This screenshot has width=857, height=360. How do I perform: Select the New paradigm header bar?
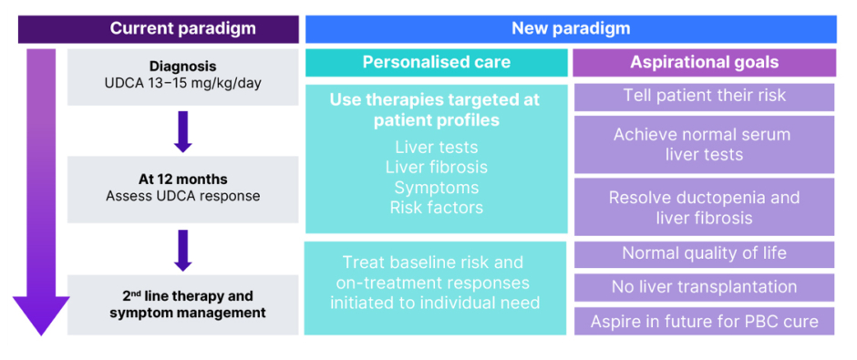(x=571, y=29)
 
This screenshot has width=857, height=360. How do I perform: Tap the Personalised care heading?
(x=436, y=62)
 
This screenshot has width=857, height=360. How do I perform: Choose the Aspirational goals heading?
(x=705, y=62)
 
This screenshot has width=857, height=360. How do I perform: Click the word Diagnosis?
(x=182, y=67)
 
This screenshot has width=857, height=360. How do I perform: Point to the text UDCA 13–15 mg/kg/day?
(x=182, y=84)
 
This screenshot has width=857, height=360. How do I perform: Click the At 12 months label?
(x=182, y=180)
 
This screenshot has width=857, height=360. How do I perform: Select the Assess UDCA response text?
(x=182, y=196)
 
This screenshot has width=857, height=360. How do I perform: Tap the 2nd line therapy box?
(x=182, y=304)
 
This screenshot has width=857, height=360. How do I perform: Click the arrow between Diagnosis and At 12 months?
(x=182, y=131)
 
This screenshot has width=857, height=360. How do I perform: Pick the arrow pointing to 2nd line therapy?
(x=182, y=250)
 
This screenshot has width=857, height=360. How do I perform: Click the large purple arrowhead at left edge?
(x=41, y=315)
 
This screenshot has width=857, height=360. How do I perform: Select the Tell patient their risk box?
(x=705, y=97)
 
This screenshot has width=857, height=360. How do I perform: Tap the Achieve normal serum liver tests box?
(x=705, y=144)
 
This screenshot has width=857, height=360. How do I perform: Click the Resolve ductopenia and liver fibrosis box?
(x=705, y=207)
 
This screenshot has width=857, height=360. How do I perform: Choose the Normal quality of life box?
(x=705, y=254)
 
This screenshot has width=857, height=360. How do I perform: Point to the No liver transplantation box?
(x=705, y=287)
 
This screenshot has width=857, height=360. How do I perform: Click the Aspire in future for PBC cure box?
(x=705, y=321)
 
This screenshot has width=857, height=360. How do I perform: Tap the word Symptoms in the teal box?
(x=436, y=188)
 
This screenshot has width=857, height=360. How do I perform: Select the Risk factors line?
(x=436, y=208)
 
